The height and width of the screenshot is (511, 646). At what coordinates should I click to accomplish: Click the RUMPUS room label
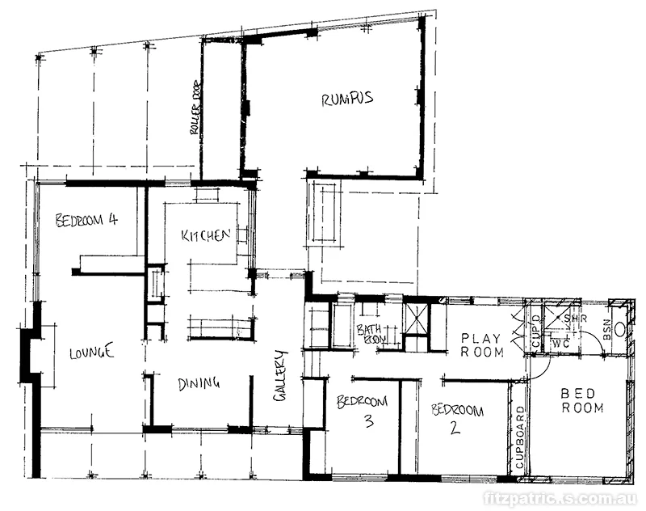[x=346, y=99]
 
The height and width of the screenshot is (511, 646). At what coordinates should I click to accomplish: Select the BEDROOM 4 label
[x=86, y=220]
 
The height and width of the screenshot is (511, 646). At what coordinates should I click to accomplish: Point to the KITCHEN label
[x=207, y=236]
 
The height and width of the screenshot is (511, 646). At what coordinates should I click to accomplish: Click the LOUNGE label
[x=91, y=353]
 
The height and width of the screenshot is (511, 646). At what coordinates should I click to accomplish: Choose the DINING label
[x=198, y=383]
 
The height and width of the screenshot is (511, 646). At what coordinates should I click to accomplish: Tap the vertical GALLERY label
[x=280, y=375]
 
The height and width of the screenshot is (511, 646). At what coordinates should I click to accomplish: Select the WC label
[x=561, y=344]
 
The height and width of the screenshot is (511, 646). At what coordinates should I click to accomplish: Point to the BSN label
[x=608, y=330]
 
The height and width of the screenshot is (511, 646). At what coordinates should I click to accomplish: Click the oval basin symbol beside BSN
[x=619, y=329]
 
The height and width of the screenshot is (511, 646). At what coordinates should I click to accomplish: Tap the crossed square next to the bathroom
[x=417, y=319]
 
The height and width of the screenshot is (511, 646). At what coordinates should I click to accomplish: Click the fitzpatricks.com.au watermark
[x=560, y=499]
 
